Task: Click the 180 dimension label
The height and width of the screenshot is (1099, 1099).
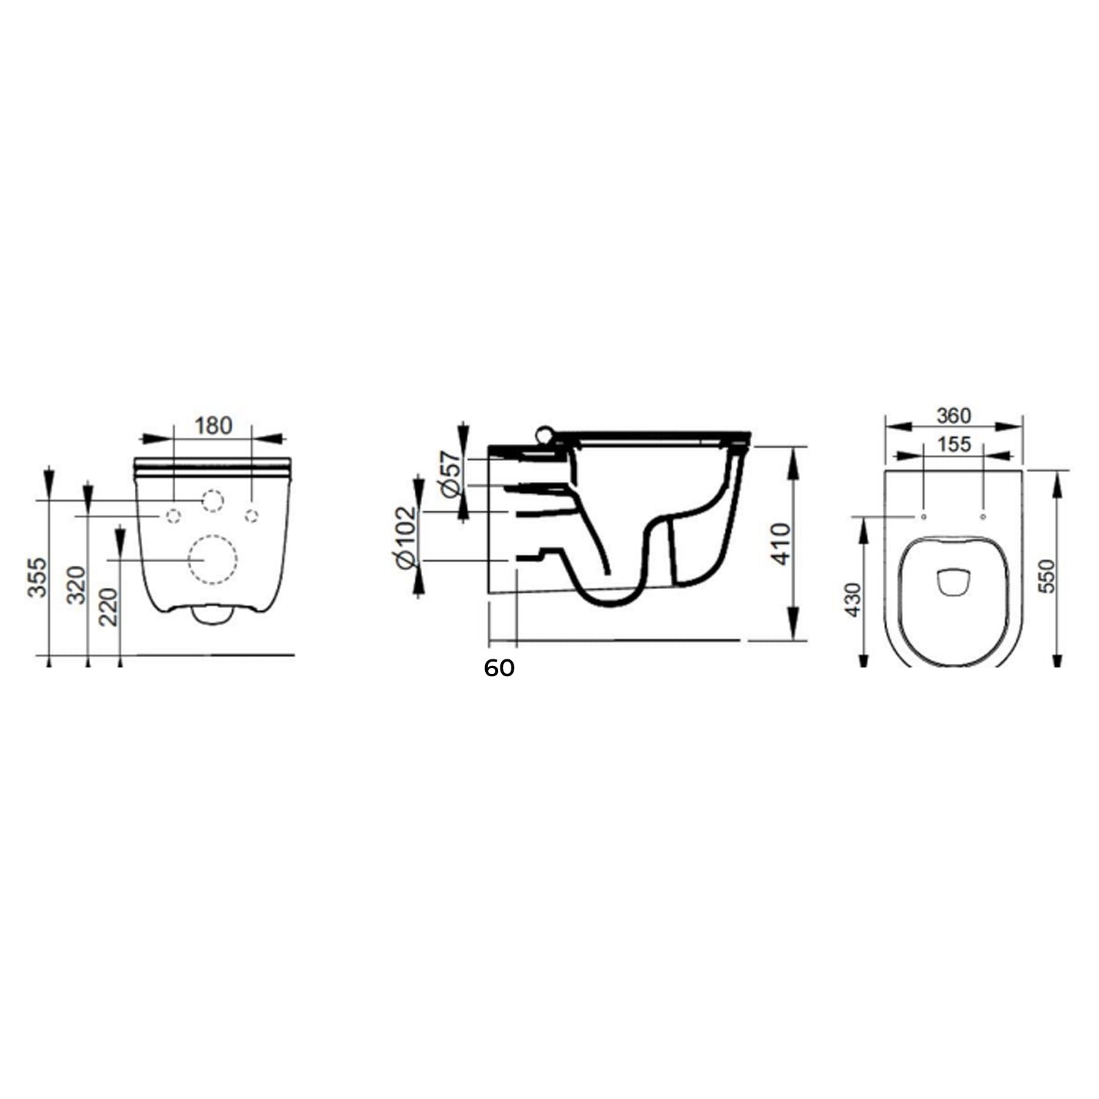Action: (x=213, y=426)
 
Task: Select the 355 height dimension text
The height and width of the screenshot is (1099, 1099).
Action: (x=37, y=577)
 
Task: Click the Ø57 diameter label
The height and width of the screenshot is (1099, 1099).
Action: (x=453, y=474)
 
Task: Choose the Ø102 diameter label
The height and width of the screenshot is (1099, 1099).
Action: (x=405, y=537)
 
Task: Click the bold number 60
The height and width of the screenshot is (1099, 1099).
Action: (x=499, y=668)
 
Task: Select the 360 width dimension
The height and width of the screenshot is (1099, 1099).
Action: (x=953, y=415)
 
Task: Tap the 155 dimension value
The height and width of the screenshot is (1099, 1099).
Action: (x=953, y=444)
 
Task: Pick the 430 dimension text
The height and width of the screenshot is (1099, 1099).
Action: (x=854, y=599)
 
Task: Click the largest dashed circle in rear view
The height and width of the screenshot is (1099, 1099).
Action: (x=212, y=560)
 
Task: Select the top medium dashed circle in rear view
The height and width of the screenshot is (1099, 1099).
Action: (x=212, y=500)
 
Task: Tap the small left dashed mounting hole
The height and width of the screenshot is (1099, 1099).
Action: (x=174, y=516)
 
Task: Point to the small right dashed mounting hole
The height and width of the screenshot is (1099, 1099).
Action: (x=251, y=516)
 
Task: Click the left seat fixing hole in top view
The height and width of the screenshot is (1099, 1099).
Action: (x=924, y=517)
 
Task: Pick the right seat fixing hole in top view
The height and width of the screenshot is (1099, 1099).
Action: (x=983, y=517)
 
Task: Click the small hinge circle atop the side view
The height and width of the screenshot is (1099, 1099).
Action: (x=544, y=434)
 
